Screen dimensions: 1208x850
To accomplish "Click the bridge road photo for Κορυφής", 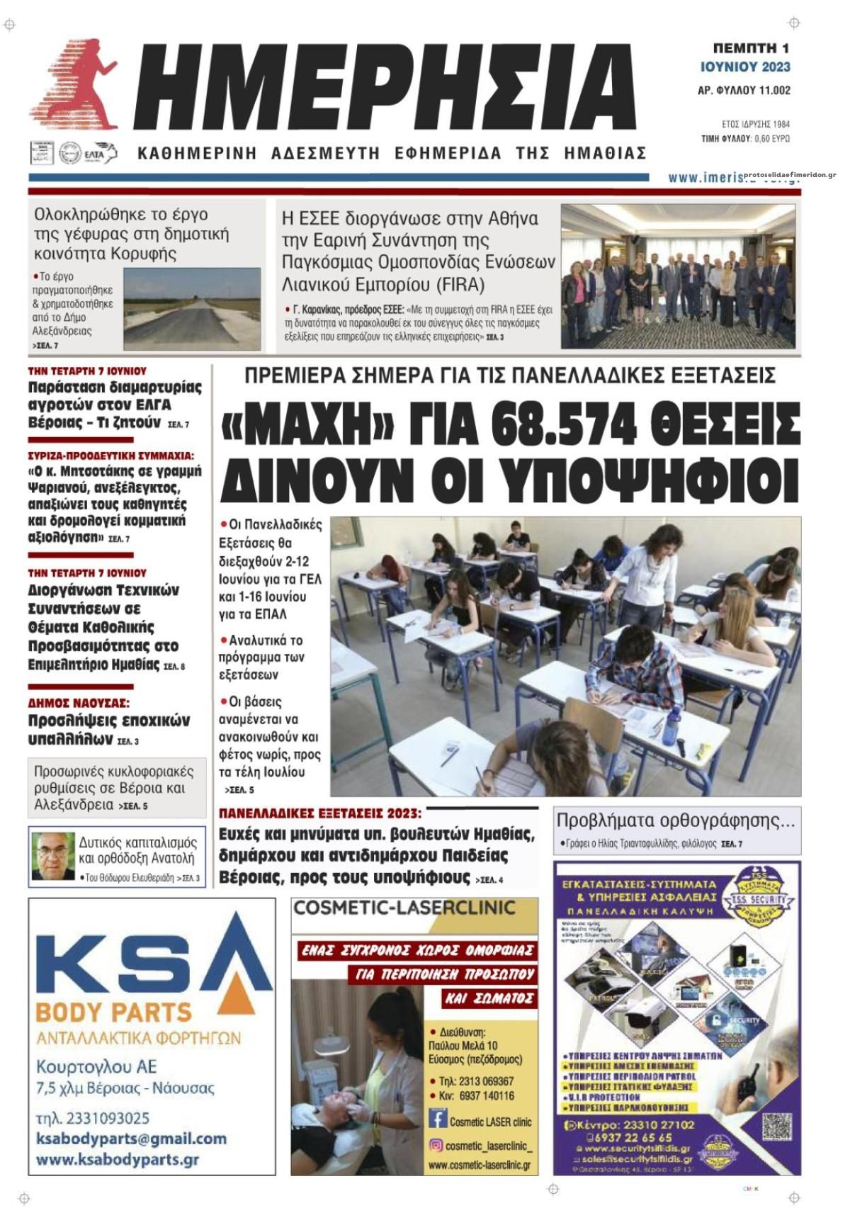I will tap(191, 308).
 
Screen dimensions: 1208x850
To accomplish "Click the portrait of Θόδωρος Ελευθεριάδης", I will tap(52, 857).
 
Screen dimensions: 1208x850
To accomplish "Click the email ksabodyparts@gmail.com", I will tap(131, 1139).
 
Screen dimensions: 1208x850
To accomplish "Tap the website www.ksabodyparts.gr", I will tap(117, 1161).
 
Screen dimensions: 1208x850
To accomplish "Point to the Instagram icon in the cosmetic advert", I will tap(437, 1146).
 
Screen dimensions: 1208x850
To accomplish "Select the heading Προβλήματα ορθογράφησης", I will tap(675, 821).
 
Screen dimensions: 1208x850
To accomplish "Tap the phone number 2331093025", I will tap(93, 1118).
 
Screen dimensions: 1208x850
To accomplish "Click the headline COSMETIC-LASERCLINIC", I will tap(404, 908).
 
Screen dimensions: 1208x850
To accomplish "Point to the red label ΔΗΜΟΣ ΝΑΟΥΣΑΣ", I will tap(79, 704).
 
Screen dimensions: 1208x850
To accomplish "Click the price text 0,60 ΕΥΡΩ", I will tap(771, 139).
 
